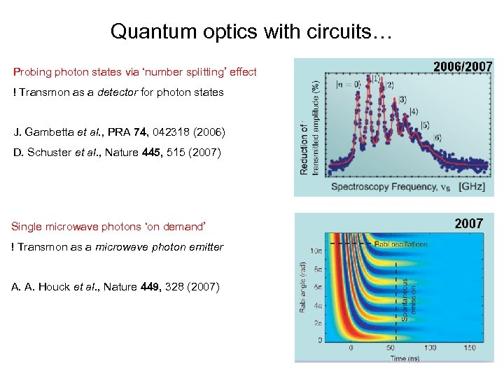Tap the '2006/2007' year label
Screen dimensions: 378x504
[x=463, y=67]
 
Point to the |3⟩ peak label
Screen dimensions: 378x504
[x=402, y=99]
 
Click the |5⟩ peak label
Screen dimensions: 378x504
[x=425, y=125]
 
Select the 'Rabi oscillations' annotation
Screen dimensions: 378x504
[x=400, y=244]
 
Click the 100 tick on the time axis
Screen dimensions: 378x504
[x=429, y=348]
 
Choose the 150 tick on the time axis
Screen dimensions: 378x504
[x=469, y=348]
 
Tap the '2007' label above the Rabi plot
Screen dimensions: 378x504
[x=468, y=223]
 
